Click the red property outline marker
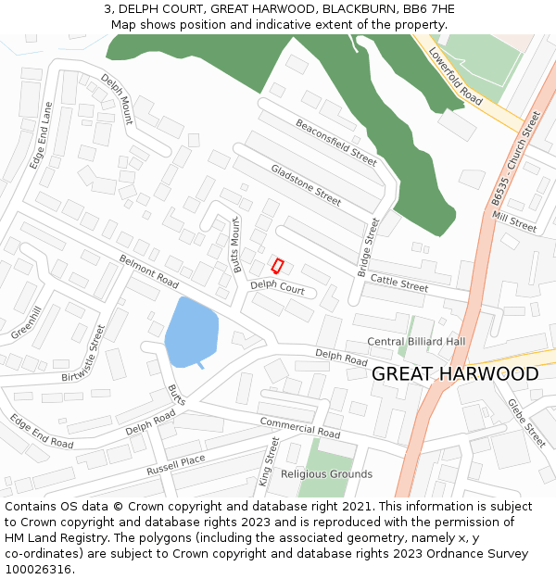click(x=276, y=265)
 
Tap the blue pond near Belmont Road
click(x=191, y=331)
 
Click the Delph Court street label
click(x=277, y=289)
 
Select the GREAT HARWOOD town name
click(x=454, y=374)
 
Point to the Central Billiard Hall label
click(x=416, y=341)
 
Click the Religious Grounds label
click(x=326, y=473)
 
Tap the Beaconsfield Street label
click(x=335, y=142)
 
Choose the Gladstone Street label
click(x=306, y=183)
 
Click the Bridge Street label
click(x=368, y=248)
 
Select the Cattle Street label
click(x=399, y=282)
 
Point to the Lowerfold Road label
click(x=455, y=76)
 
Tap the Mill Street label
click(x=514, y=221)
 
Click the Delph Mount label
click(x=118, y=98)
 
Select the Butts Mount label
click(x=238, y=244)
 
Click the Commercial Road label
click(x=299, y=428)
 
